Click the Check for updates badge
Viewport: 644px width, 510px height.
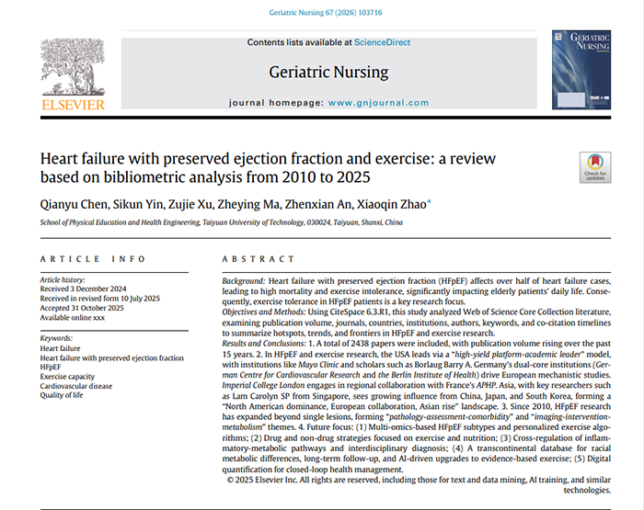[595, 167]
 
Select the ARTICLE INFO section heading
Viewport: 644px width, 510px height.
[79, 259]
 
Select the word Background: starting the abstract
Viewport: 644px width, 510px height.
[246, 278]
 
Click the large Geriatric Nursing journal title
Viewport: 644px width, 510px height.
[328, 72]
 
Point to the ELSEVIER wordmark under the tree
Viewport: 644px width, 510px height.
[73, 105]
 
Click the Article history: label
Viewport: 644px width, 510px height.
[63, 279]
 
